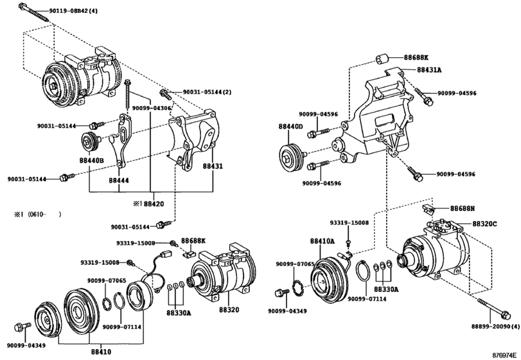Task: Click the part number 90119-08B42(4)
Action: tap(73, 11)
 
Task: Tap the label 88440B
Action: tap(91, 161)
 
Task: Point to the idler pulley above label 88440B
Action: tap(89, 141)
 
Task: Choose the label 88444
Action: tap(119, 181)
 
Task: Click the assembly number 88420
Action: tap(154, 204)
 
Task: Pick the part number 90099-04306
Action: tap(152, 108)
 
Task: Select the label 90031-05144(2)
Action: tap(207, 92)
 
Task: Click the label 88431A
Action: tap(429, 70)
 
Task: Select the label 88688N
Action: tap(463, 209)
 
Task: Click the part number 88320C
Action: tap(485, 224)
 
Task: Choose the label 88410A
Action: tap(322, 241)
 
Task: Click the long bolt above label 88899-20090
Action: tap(494, 308)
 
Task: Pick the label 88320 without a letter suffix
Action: tap(229, 310)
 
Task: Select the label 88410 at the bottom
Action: tap(101, 352)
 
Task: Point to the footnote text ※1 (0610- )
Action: tap(37, 215)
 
